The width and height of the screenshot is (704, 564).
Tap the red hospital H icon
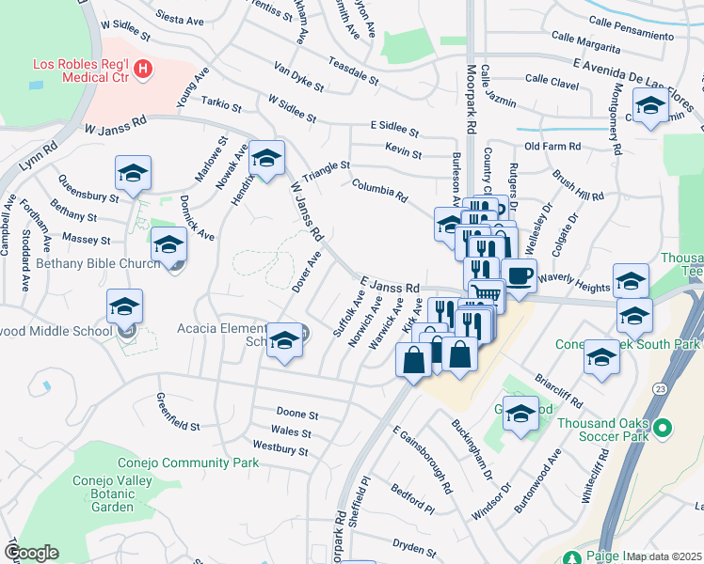pos(142,68)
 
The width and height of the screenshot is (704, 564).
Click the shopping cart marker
pos(486,294)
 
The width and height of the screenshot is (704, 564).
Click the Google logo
pos(31,553)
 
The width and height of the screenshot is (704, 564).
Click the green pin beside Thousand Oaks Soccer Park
pos(664,429)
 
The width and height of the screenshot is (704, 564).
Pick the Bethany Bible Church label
pos(98,263)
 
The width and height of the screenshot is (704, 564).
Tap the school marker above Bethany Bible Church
pos(168,244)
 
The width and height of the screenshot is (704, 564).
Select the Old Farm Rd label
pos(552,147)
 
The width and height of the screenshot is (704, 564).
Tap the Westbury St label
pos(280,448)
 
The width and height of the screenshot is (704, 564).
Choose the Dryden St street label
pos(415,546)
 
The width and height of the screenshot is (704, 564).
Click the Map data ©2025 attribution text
pos(664,556)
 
